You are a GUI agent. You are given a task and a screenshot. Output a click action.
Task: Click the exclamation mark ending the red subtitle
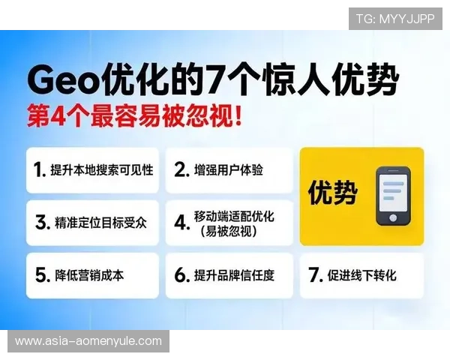pos(238,118)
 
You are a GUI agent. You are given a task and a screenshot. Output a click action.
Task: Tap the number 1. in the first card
pos(40,170)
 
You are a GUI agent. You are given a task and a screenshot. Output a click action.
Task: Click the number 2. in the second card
pos(181,170)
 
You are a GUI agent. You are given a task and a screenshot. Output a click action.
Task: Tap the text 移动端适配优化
pos(234,217)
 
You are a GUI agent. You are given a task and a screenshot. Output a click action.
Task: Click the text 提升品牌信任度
pos(234,275)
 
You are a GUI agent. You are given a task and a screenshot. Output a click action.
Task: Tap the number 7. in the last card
pos(315,275)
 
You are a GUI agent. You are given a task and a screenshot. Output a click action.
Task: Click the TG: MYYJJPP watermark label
pos(395,19)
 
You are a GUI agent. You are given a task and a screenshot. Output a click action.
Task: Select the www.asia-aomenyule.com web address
pos(88,341)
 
